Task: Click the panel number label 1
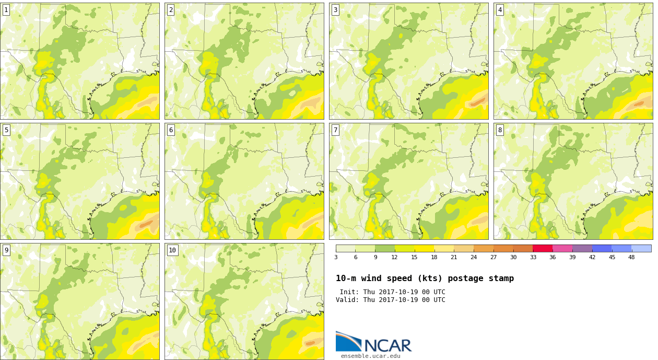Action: pyautogui.click(x=6, y=10)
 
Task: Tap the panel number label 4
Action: pyautogui.click(x=500, y=10)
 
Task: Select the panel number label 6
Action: pyautogui.click(x=171, y=130)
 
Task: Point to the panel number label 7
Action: pyautogui.click(x=335, y=130)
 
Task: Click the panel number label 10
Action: pyautogui.click(x=172, y=250)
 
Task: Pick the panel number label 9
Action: pyautogui.click(x=6, y=250)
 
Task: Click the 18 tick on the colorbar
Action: pyautogui.click(x=434, y=257)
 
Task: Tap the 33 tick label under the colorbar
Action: pyautogui.click(x=533, y=257)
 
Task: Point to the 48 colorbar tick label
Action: pyautogui.click(x=631, y=257)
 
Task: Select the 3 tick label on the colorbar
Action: pyautogui.click(x=336, y=257)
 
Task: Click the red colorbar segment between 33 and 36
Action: pyautogui.click(x=543, y=248)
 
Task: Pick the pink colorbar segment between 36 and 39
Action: pyautogui.click(x=562, y=248)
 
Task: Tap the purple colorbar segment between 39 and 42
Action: pyautogui.click(x=582, y=248)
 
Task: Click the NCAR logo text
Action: pyautogui.click(x=388, y=345)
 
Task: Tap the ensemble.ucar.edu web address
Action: pyautogui.click(x=370, y=356)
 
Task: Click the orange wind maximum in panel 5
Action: pyautogui.click(x=146, y=224)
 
